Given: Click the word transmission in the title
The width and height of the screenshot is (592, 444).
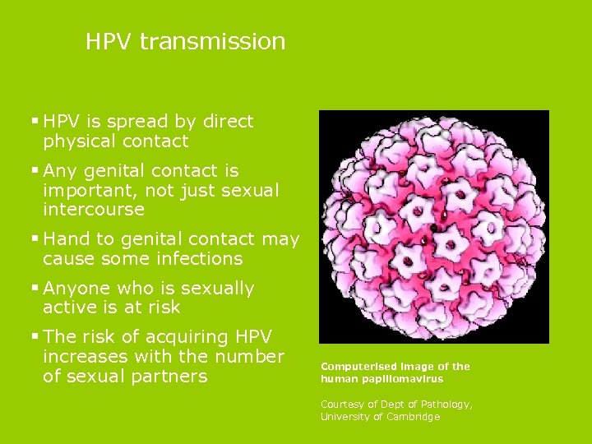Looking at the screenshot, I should (213, 41).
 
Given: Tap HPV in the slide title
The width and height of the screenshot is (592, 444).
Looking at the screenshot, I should (109, 41).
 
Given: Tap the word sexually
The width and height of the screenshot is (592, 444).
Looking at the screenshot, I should (217, 289).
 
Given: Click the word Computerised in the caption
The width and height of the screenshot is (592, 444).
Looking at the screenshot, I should (356, 367).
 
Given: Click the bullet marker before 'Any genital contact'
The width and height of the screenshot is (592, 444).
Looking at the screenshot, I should (35, 170).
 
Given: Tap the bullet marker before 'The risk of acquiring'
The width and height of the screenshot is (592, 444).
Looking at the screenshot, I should (35, 336).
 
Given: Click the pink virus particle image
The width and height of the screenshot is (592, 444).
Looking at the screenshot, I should (433, 226).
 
